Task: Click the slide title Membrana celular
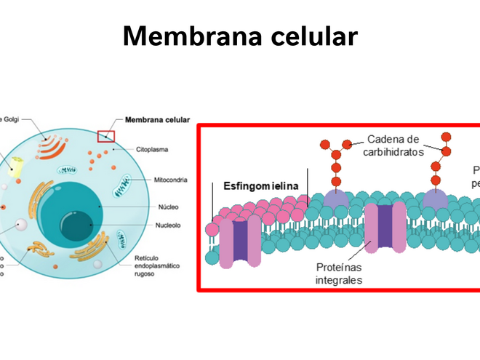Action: (x=240, y=35)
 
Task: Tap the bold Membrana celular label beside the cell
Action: (x=157, y=120)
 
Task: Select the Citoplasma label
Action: (x=152, y=149)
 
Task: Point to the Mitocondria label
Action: (x=171, y=179)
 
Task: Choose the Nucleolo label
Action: (x=168, y=225)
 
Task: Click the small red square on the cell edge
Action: (x=106, y=136)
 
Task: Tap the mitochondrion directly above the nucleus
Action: (x=68, y=170)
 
